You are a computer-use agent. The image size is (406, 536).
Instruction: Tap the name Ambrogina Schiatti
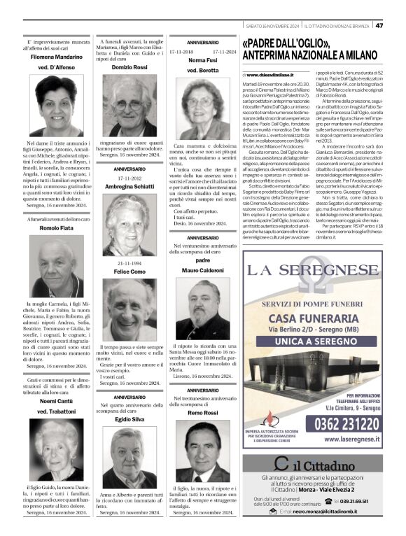[x=129, y=187]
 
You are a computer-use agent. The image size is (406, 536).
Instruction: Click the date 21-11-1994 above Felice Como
[x=129, y=263]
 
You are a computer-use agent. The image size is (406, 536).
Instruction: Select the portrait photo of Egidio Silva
[x=129, y=456]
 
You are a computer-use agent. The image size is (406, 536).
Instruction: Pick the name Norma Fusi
[x=203, y=61]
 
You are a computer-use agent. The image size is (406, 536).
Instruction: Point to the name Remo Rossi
[x=203, y=414]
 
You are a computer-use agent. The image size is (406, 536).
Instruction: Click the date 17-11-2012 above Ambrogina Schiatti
[x=129, y=178]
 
